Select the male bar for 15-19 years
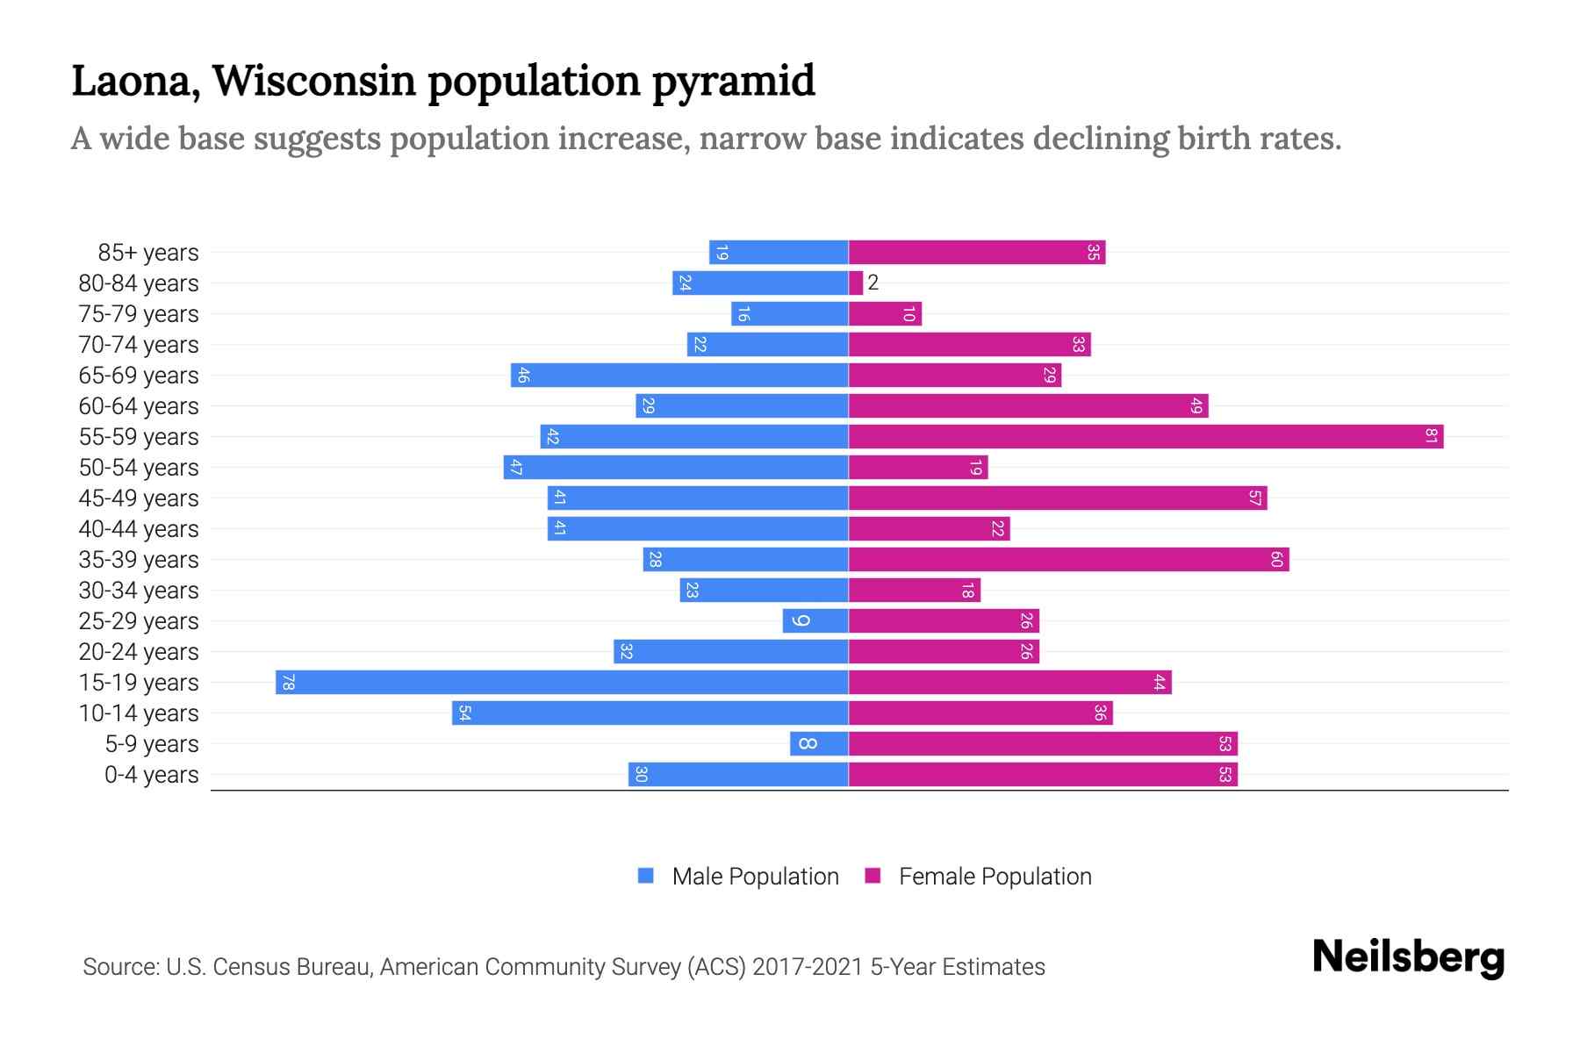tap(562, 683)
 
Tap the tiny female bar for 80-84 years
tap(856, 283)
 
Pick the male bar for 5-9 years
tap(819, 744)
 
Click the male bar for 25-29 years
tap(815, 621)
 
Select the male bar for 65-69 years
tap(680, 376)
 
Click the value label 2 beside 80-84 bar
tap(873, 283)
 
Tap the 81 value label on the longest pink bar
tap(1431, 437)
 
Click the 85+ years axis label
tap(147, 253)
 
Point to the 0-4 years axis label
tap(151, 775)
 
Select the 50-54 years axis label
tap(139, 468)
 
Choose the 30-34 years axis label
tap(139, 591)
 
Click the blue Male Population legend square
tap(646, 876)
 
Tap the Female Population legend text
tap(995, 877)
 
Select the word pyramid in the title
tap(734, 81)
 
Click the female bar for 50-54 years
tap(917, 468)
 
